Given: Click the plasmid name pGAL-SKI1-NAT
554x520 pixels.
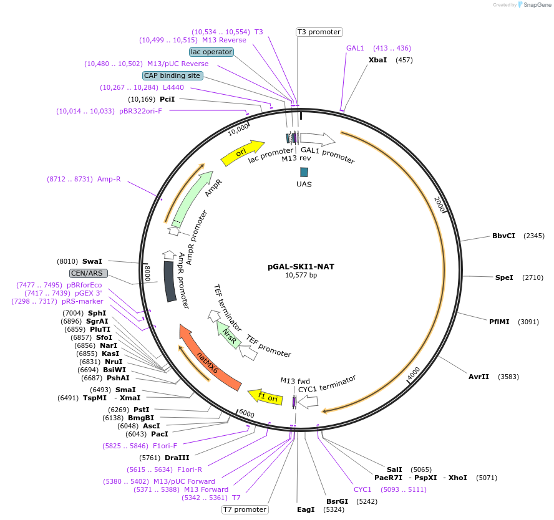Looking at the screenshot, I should click(x=301, y=266).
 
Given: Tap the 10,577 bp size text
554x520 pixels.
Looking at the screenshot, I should click(x=301, y=275).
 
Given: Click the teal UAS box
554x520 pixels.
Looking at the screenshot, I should click(x=304, y=171).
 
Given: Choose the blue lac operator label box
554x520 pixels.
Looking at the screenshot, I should click(x=211, y=52).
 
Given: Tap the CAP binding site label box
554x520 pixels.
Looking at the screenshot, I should click(x=172, y=75).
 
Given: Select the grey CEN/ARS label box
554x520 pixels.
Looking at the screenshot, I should click(x=89, y=273).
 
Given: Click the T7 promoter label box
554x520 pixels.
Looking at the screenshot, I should click(x=245, y=509).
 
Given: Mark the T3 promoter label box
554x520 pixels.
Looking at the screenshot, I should click(x=319, y=32).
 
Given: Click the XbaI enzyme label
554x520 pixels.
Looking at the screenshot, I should click(x=378, y=60).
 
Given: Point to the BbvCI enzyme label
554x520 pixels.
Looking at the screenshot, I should click(x=503, y=236).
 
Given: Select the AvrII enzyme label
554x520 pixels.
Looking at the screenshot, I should click(x=479, y=377).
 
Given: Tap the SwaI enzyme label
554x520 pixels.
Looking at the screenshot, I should click(x=92, y=261).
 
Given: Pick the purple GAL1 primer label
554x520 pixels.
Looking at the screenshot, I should click(x=355, y=48).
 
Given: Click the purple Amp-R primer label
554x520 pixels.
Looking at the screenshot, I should click(x=109, y=179).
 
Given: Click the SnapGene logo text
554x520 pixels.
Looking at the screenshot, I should click(x=535, y=5).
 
